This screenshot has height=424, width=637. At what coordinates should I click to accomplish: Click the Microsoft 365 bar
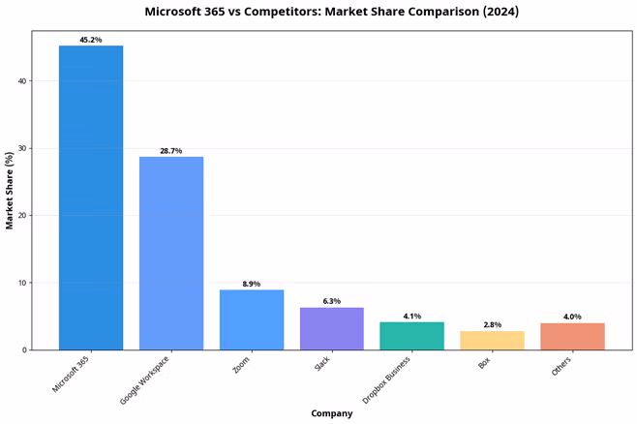(91, 197)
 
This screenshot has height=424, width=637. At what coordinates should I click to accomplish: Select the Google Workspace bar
(171, 253)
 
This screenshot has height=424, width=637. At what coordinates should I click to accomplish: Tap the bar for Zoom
(252, 319)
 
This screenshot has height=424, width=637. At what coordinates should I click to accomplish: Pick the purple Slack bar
(332, 328)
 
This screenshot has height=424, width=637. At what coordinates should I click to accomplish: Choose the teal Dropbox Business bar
(412, 336)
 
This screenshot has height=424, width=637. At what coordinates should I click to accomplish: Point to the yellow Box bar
(493, 340)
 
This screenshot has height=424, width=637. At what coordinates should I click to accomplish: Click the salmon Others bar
(573, 336)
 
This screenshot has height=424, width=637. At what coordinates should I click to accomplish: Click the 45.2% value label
(91, 40)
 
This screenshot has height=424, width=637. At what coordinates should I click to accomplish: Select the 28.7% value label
(171, 151)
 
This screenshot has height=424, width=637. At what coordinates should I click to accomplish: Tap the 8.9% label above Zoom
(252, 284)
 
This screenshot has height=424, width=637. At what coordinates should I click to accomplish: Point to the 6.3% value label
(332, 301)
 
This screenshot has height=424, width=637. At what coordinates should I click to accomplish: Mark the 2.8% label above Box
(493, 324)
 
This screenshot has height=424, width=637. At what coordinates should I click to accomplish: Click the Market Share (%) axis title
(10, 190)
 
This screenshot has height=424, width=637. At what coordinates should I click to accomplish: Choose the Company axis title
(332, 413)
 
